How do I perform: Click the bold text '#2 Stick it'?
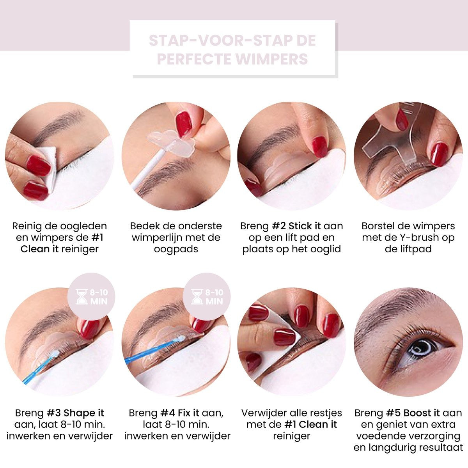(296, 226)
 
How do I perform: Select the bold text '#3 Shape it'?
(75, 413)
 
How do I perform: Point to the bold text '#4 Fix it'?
(180, 413)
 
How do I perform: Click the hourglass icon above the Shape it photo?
(82, 296)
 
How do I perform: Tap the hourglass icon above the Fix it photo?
(197, 296)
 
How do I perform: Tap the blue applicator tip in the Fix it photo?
(181, 338)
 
